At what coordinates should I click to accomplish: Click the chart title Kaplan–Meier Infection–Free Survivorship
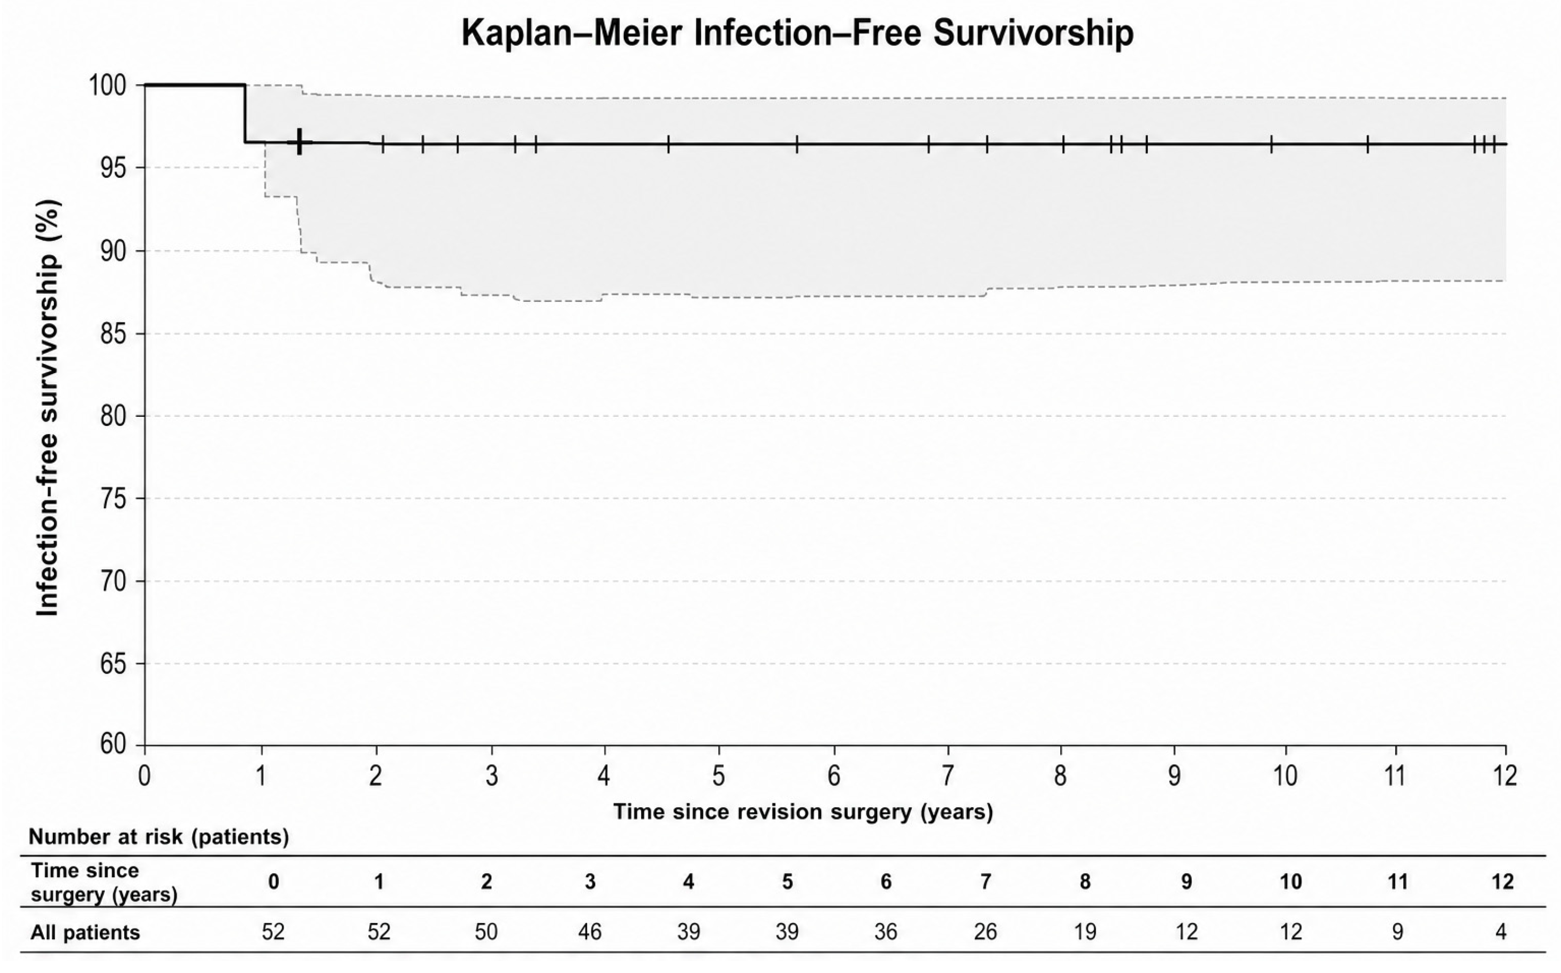point(797,34)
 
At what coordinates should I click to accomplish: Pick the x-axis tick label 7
point(947,775)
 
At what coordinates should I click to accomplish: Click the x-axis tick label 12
point(1504,775)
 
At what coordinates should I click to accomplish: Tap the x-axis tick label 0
point(145,775)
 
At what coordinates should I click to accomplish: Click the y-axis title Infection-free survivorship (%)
point(48,407)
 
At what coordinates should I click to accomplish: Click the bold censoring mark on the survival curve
point(299,141)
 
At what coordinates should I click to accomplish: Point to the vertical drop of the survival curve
point(245,113)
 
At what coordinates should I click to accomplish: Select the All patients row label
point(85,933)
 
